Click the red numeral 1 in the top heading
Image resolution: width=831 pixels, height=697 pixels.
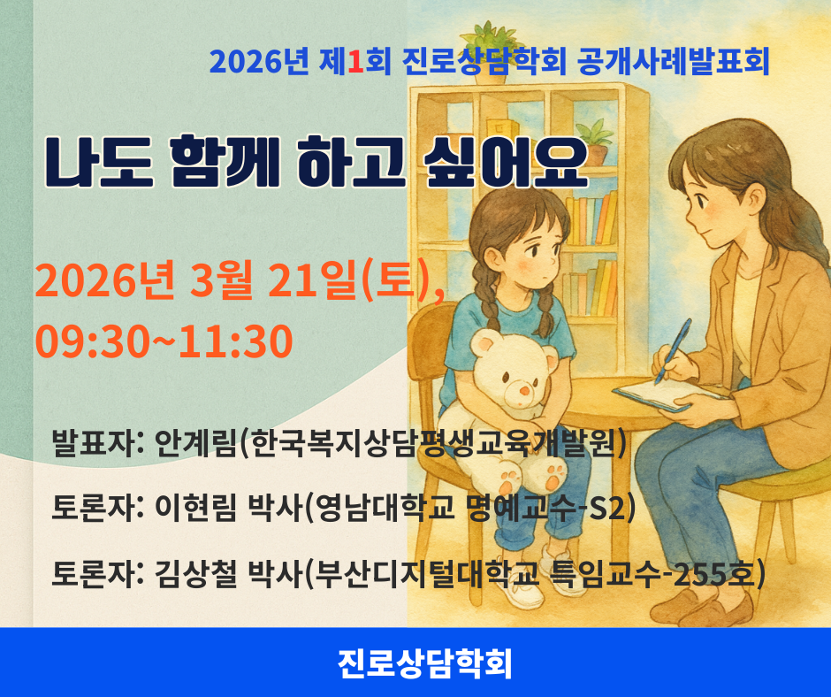click(x=356, y=62)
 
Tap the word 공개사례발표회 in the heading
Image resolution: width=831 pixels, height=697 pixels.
click(x=673, y=62)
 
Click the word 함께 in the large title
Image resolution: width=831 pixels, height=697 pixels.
click(x=225, y=162)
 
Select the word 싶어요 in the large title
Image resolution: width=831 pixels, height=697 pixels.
click(x=507, y=162)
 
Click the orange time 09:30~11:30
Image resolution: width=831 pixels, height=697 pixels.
click(x=164, y=341)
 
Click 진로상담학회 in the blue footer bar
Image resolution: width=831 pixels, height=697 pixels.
click(x=425, y=663)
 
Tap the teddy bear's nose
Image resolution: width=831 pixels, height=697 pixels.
click(x=524, y=393)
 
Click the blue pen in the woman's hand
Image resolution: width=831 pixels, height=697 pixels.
click(x=673, y=350)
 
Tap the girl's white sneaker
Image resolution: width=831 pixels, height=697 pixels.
click(x=522, y=592)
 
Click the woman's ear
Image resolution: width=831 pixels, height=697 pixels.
click(x=756, y=199)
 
